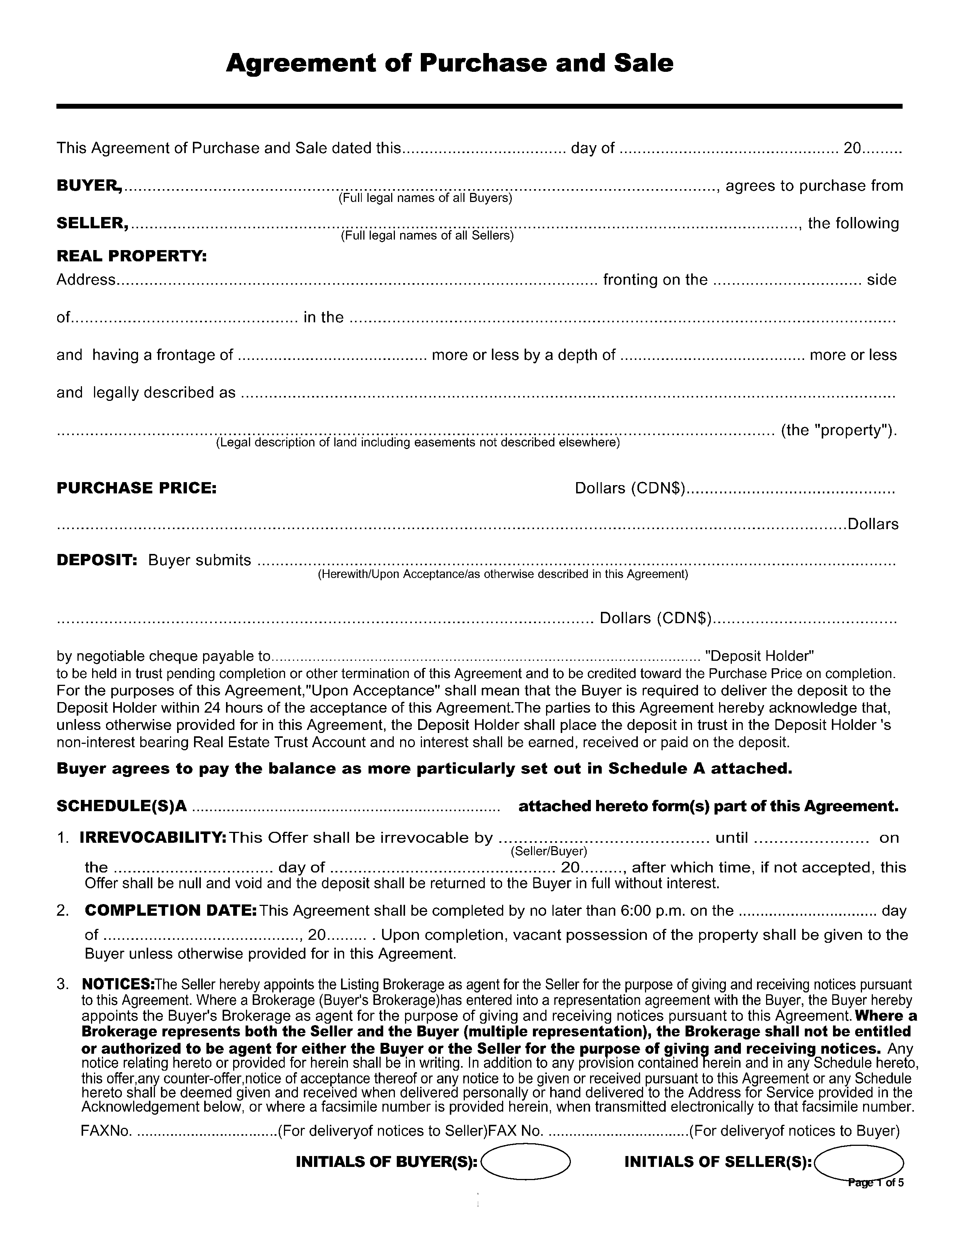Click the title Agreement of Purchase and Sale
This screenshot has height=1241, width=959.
[449, 63]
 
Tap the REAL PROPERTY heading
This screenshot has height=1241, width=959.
[131, 256]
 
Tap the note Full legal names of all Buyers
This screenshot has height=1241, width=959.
[425, 198]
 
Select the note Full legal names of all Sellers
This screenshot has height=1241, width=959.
[427, 236]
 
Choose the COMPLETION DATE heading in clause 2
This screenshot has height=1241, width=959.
[170, 910]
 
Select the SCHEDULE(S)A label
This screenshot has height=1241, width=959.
[121, 806]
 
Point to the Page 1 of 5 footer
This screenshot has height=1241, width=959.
[875, 1183]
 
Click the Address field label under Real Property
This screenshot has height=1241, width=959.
[86, 279]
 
